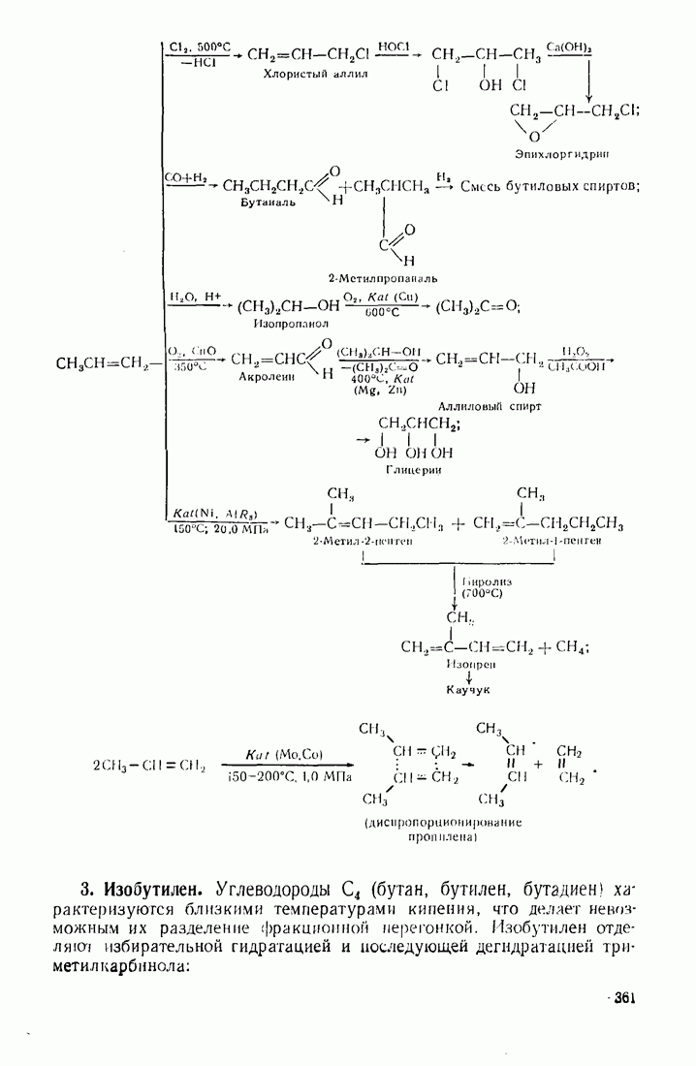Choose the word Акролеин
pos(266,377)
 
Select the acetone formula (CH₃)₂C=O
pos(478,307)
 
